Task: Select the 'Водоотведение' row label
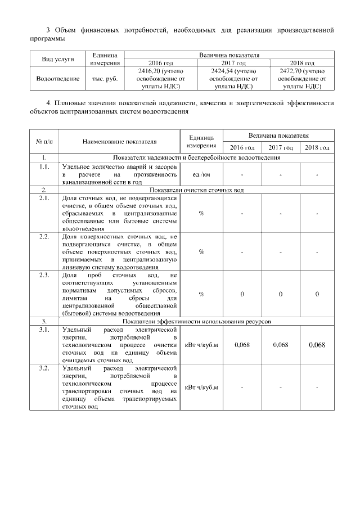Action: pos(58,79)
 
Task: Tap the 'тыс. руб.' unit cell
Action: pos(105,79)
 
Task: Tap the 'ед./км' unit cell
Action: pos(201,175)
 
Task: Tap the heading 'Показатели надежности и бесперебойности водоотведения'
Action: pos(197,157)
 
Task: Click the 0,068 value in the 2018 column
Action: pos(317,345)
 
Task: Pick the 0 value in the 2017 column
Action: pos(280,294)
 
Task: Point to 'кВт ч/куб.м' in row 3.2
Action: pos(201,388)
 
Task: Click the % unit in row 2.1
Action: pos(201,214)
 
